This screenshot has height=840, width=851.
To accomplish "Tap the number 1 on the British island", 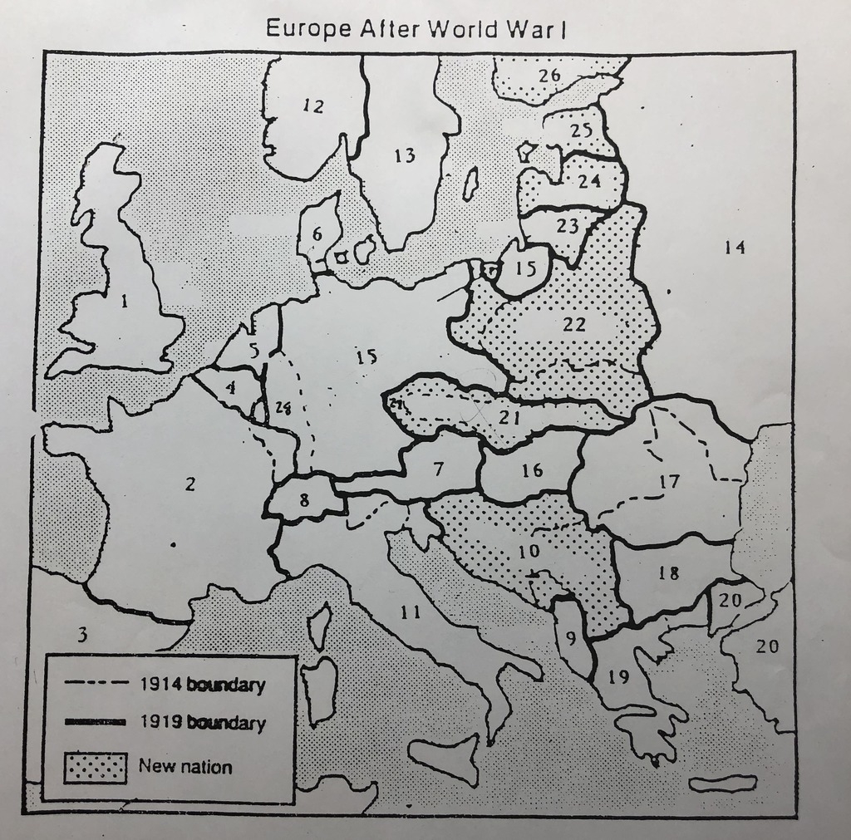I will [x=125, y=302].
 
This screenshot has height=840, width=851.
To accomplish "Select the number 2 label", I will [x=190, y=484].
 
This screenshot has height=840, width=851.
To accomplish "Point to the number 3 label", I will [x=81, y=636].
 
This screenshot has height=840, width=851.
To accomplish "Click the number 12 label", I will [x=313, y=106].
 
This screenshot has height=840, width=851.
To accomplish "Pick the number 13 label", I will [x=405, y=155].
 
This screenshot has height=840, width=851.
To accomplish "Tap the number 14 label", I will [x=735, y=247].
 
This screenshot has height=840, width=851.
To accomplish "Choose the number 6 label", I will [x=317, y=235].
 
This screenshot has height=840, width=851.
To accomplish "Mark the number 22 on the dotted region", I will [x=574, y=325].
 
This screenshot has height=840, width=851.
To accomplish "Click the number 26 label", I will [x=549, y=76].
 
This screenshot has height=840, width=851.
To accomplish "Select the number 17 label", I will [x=669, y=481].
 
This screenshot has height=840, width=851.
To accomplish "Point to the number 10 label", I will [x=529, y=550].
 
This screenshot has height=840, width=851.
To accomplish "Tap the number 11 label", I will [x=409, y=613].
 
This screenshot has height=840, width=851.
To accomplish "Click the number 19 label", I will [x=617, y=677].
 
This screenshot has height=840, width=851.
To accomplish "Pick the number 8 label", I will [x=304, y=501].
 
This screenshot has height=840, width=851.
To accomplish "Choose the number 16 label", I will [x=532, y=471].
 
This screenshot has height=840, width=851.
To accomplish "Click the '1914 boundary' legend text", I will [x=202, y=685].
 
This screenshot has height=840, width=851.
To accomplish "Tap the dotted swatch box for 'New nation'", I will [x=96, y=767].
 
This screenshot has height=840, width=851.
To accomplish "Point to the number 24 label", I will [x=589, y=180].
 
